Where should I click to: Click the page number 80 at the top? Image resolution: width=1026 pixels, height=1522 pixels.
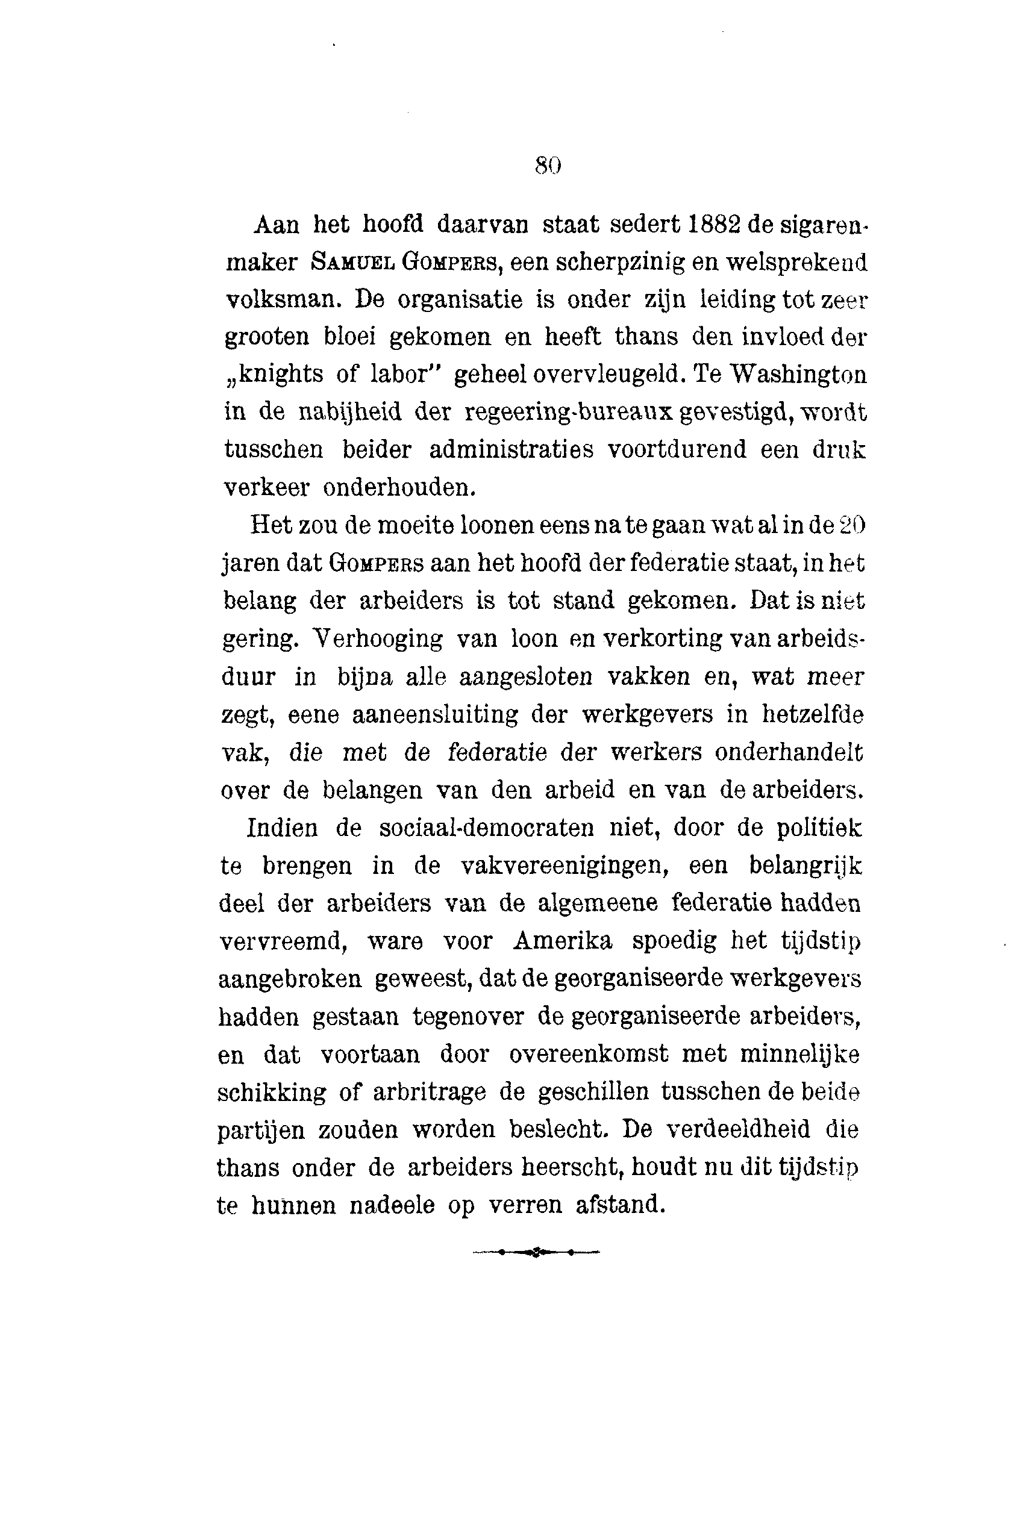pyautogui.click(x=548, y=166)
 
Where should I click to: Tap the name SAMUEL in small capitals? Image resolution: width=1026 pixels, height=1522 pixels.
pyautogui.click(x=352, y=263)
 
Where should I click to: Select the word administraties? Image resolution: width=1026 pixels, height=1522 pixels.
pyautogui.click(x=511, y=450)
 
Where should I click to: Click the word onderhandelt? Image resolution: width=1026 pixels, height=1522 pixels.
pyautogui.click(x=789, y=753)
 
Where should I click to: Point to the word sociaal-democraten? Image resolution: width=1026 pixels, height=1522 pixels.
pyautogui.click(x=486, y=829)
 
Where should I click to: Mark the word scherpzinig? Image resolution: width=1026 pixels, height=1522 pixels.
pyautogui.click(x=617, y=263)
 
